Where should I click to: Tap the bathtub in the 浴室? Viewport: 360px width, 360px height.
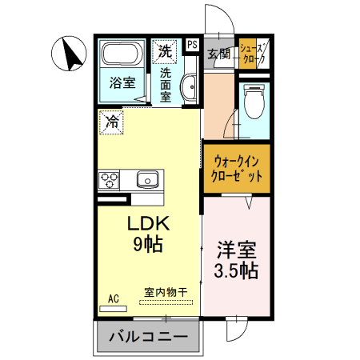[122, 55]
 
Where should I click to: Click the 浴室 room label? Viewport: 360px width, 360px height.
[122, 81]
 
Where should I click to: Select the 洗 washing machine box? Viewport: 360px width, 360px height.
[164, 50]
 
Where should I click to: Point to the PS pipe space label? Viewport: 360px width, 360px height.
[192, 44]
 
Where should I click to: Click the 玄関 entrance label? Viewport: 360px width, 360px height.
[218, 54]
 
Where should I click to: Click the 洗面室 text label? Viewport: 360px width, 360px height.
[166, 83]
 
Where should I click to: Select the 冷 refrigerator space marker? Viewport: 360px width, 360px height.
[113, 122]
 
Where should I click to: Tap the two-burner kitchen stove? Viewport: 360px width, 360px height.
[109, 180]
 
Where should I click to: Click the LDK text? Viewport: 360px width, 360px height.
[147, 224]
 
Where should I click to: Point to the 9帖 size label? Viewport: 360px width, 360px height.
[147, 245]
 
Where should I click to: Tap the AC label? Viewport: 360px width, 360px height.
[113, 298]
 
